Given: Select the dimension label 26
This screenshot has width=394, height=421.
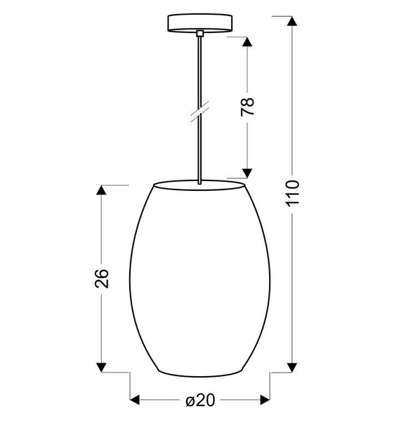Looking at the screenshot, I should (103, 278).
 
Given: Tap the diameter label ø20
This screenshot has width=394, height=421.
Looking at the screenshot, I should (200, 401).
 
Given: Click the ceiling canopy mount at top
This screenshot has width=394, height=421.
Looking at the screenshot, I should (200, 23).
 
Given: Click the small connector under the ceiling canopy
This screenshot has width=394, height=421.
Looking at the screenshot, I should (200, 33).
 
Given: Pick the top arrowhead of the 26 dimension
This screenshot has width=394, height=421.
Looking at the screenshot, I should (103, 190).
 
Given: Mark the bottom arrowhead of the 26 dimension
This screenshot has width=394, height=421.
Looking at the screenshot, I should (103, 366).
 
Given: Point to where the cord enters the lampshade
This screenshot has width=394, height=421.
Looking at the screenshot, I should (200, 184).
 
